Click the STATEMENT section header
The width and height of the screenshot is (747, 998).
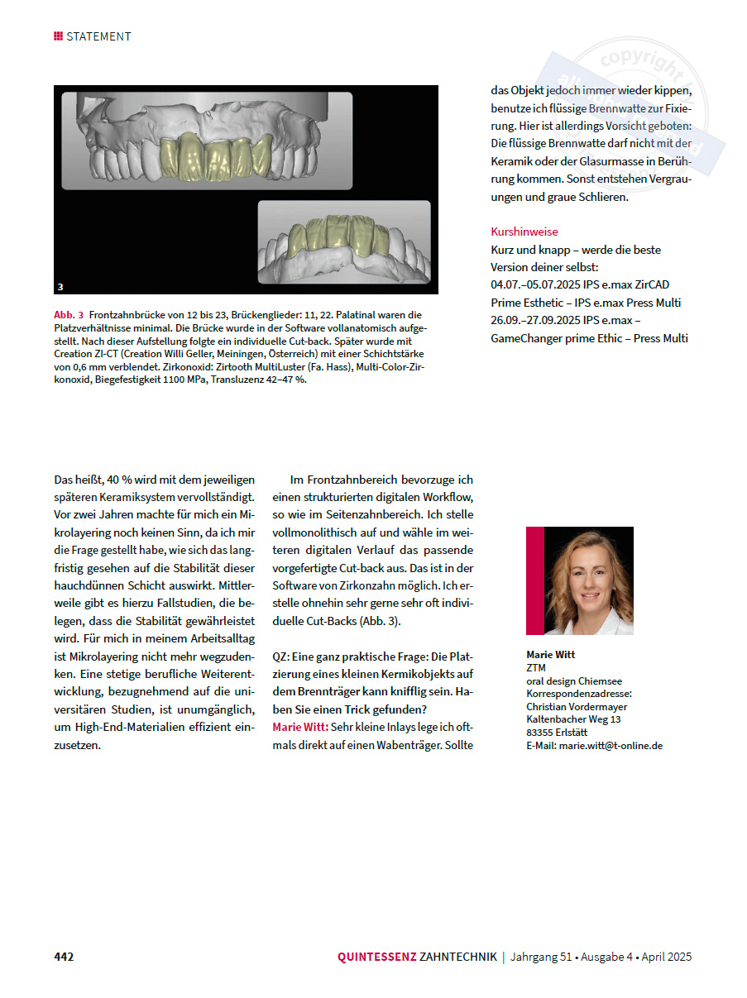pyautogui.click(x=98, y=36)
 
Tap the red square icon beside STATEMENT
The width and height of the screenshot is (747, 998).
pyautogui.click(x=58, y=36)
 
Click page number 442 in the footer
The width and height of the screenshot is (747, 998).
pyautogui.click(x=64, y=957)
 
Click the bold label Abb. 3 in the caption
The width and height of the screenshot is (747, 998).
pyautogui.click(x=69, y=315)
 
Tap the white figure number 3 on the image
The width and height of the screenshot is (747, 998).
pyautogui.click(x=60, y=287)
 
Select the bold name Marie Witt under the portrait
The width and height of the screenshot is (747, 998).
pyautogui.click(x=550, y=654)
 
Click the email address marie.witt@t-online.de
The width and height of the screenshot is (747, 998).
pyautogui.click(x=611, y=745)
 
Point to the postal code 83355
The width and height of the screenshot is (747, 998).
pyautogui.click(x=539, y=732)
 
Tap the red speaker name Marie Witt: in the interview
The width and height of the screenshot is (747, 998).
pyautogui.click(x=299, y=727)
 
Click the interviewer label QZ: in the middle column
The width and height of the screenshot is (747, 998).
pyautogui.click(x=281, y=656)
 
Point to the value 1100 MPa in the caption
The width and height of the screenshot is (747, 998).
pyautogui.click(x=227, y=380)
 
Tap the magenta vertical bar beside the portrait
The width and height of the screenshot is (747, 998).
pyautogui.click(x=529, y=580)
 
